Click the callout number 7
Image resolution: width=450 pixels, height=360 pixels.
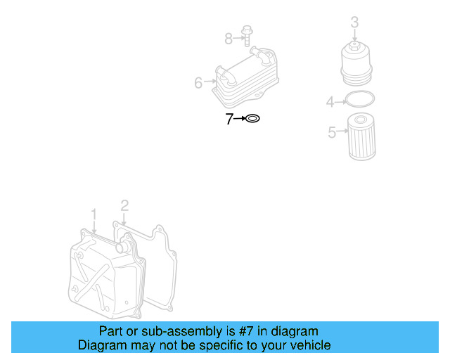click(229, 120)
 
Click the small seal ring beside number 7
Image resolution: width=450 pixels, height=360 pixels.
click(252, 120)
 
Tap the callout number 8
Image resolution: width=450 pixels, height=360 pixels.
click(229, 37)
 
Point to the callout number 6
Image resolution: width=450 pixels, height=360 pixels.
click(198, 84)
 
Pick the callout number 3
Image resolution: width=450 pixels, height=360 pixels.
click(354, 22)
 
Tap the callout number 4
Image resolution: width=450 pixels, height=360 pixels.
click(330, 103)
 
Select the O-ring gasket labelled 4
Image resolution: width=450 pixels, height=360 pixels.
click(360, 101)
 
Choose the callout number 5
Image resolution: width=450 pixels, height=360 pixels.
click(332, 132)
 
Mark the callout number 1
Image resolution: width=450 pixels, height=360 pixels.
click(94, 213)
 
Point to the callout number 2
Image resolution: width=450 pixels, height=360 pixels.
click(124, 205)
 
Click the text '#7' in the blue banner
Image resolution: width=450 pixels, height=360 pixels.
click(255, 331)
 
